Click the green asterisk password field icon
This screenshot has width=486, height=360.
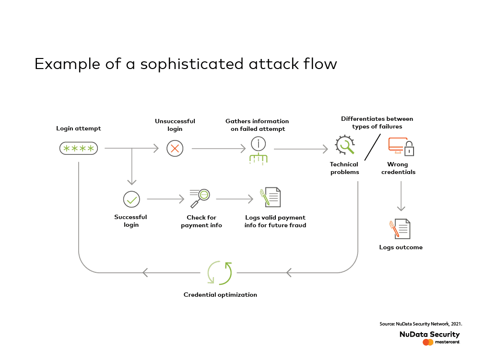point(79,149)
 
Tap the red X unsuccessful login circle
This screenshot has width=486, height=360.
point(175,149)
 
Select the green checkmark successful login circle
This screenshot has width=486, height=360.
point(131,199)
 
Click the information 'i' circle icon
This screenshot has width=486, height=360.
point(258,144)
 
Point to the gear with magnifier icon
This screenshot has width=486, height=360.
point(345,145)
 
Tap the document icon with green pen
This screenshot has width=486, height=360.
point(270,197)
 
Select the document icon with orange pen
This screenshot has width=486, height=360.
point(400,229)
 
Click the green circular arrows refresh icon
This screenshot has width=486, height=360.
point(219,273)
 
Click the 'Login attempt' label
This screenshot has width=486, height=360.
point(78,128)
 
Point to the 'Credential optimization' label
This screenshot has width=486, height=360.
point(220,295)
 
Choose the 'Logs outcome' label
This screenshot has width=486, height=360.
point(401,247)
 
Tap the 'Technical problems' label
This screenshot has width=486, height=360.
point(344,168)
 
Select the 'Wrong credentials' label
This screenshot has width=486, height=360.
point(398,168)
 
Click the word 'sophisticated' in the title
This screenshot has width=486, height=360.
point(192,64)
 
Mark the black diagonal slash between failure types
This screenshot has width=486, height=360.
point(373,147)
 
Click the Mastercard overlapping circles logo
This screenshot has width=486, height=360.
point(428,342)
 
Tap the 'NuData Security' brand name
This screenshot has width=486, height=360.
point(429,334)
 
